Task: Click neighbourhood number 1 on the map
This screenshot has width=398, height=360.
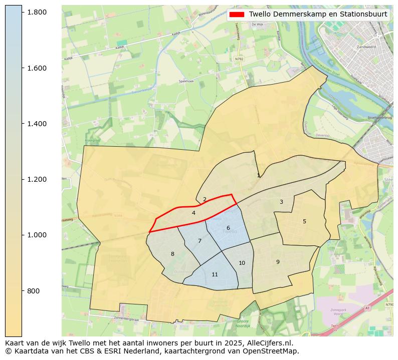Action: [258, 176]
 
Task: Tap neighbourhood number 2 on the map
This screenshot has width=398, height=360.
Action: [205, 199]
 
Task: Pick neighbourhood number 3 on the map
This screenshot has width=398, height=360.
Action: [281, 202]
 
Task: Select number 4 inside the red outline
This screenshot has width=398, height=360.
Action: [193, 213]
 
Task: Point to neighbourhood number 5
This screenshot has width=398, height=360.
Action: [304, 222]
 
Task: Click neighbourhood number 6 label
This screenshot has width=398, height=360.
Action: [228, 228]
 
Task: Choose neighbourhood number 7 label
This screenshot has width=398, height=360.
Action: [200, 241]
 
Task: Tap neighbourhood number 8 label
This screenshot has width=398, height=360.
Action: [172, 254]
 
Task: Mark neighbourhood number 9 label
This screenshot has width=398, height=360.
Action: [278, 262]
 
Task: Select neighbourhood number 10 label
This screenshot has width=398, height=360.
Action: [242, 263]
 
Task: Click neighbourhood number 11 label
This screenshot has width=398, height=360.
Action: [215, 275]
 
